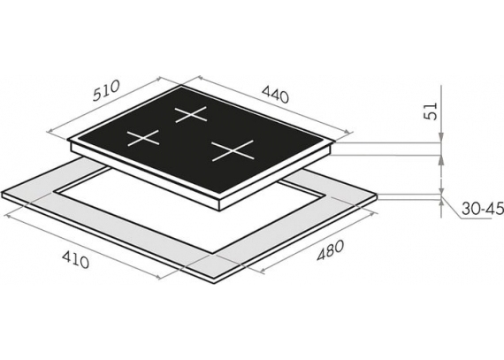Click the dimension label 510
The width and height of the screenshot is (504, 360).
[106, 90]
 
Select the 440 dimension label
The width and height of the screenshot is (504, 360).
[276, 94]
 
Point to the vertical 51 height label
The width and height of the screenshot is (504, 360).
[431, 111]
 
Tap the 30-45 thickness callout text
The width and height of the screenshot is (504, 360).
[483, 209]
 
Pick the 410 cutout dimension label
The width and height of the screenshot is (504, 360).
[75, 259]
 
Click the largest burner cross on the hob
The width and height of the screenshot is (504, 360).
[233, 150]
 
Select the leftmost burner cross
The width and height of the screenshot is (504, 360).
[143, 138]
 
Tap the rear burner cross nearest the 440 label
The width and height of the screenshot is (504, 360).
[190, 114]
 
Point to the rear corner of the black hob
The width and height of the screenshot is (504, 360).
[181, 85]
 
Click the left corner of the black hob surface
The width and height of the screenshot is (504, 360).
[68, 140]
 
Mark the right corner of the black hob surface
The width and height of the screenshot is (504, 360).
[335, 141]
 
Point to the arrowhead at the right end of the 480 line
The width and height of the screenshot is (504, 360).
[375, 214]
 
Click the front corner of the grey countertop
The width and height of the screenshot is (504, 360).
[215, 282]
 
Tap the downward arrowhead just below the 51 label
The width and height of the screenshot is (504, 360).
[442, 138]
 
